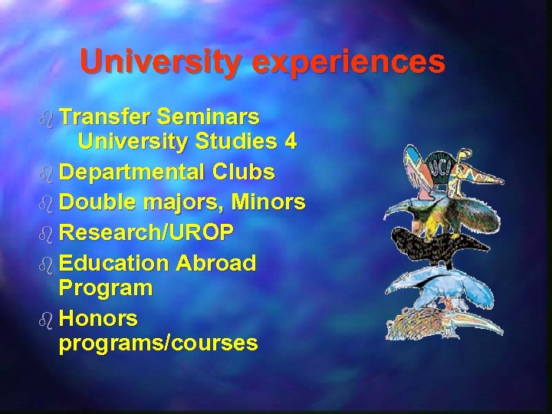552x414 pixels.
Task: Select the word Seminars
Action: coord(208,117)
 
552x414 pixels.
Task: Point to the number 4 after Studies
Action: coord(289,141)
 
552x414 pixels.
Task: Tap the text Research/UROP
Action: coord(146,232)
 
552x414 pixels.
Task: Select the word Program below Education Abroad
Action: coord(106,288)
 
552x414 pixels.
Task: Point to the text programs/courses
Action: coord(158,343)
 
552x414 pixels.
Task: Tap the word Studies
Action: coord(230,141)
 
